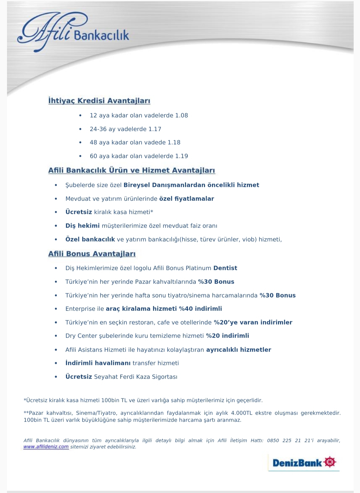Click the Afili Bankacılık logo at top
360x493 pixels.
click(x=73, y=32)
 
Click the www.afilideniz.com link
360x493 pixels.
click(x=46, y=447)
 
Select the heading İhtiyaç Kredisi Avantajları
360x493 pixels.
click(x=99, y=101)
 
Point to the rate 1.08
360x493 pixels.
click(x=182, y=115)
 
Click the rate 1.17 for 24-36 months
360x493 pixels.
click(x=155, y=129)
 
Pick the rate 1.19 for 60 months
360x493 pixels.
click(x=182, y=156)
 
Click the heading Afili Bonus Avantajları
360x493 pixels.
click(x=92, y=254)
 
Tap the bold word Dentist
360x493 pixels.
click(x=225, y=268)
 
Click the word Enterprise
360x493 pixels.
click(x=80, y=309)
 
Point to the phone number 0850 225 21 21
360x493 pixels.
click(x=289, y=440)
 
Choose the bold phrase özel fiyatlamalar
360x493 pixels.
click(x=187, y=199)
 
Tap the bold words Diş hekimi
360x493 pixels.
click(x=82, y=226)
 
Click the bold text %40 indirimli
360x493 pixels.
click(x=200, y=309)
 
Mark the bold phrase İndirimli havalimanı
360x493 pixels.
click(x=98, y=363)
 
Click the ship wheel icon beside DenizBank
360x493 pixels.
click(x=330, y=462)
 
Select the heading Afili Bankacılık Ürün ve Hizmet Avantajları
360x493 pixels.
click(x=132, y=170)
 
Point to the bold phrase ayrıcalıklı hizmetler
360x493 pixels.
click(x=239, y=350)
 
